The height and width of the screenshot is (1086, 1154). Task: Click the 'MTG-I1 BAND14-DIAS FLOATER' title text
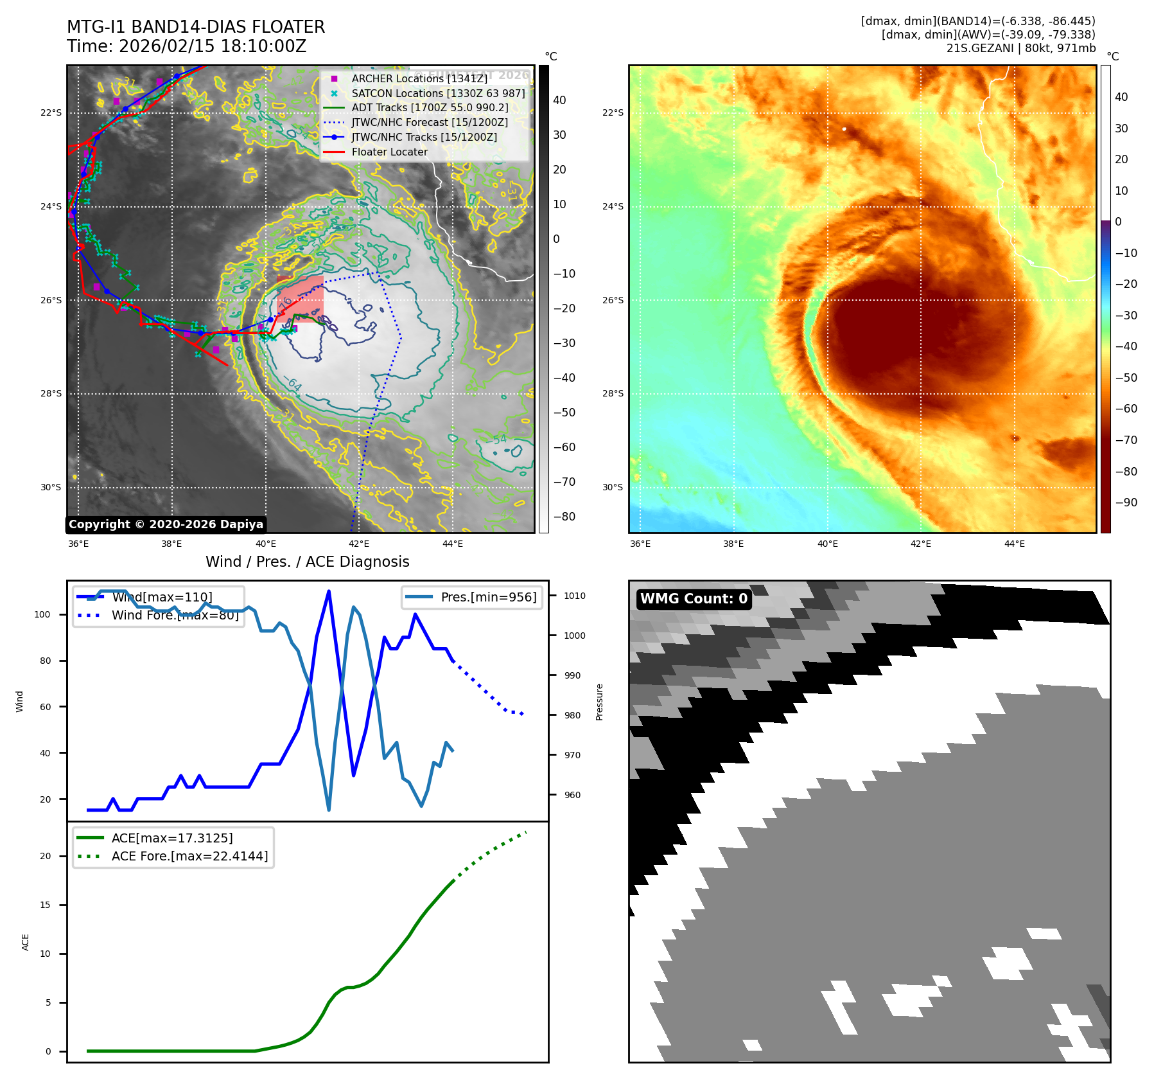coord(196,27)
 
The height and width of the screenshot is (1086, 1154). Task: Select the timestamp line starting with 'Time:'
coord(186,46)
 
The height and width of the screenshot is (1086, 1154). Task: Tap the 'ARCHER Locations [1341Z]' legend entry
coord(419,78)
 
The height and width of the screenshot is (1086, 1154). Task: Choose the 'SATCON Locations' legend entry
coord(438,93)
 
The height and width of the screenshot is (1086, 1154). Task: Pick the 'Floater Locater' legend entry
coord(389,152)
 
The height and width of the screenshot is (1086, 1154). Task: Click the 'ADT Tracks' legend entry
coord(430,108)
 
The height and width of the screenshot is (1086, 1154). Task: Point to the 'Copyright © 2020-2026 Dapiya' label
coord(166,524)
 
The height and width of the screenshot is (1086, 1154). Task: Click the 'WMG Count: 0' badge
coord(694,599)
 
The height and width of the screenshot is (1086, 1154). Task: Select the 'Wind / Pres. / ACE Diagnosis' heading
coord(307,562)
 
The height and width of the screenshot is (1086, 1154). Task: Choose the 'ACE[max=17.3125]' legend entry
coord(172,838)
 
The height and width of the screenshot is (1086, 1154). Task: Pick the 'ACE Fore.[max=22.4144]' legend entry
coord(189,856)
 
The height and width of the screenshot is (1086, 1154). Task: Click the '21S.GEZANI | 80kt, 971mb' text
coord(1020,48)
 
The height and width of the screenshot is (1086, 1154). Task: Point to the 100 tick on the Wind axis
coord(42,614)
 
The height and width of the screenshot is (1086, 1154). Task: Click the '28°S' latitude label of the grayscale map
coord(51,393)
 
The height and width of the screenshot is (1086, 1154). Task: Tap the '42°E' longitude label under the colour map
coord(920,544)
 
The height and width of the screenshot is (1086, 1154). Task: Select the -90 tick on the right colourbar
coord(1126,503)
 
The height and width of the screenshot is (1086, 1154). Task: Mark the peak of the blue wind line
coord(329,591)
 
